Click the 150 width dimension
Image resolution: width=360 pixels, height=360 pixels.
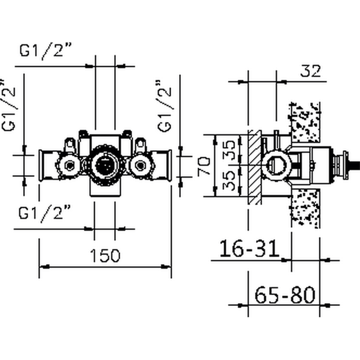click(x=105, y=256)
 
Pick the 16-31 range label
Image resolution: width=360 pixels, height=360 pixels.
click(x=249, y=249)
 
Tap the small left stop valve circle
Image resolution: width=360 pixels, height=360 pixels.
click(x=68, y=165)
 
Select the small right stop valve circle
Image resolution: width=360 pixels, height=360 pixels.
click(x=140, y=165)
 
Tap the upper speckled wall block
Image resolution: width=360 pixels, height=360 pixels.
click(x=305, y=122)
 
